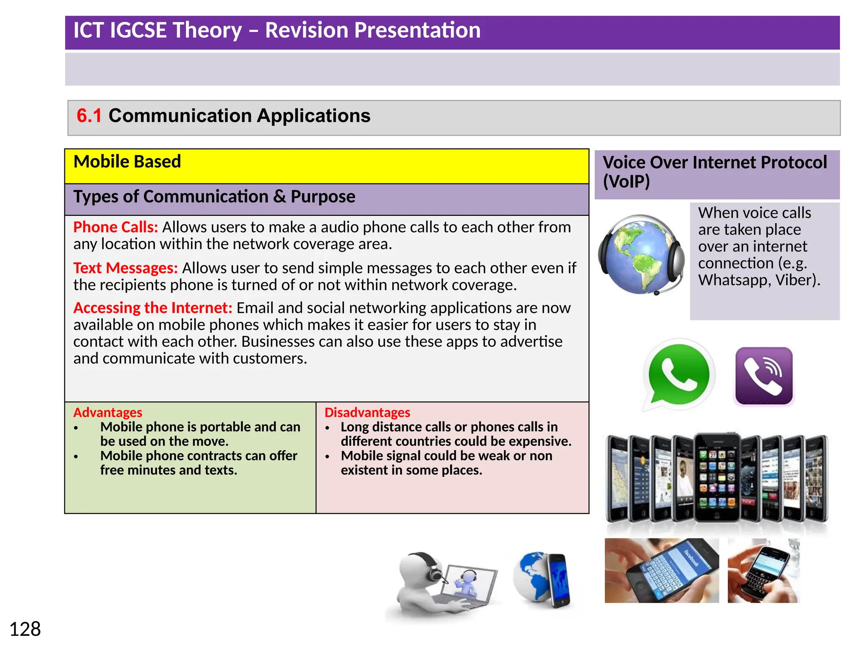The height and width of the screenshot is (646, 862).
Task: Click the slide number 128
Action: [25, 629]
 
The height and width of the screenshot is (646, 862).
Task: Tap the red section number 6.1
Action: [89, 116]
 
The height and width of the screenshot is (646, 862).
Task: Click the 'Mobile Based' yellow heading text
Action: [127, 161]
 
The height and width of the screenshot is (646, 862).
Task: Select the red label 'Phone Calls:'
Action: [115, 227]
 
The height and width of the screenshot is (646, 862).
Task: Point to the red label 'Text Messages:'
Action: [125, 268]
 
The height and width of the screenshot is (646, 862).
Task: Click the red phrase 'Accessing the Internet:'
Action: [152, 308]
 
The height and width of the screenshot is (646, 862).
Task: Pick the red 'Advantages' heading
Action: [108, 412]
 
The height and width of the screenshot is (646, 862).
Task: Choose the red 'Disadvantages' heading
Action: [367, 412]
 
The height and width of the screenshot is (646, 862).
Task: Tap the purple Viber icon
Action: [764, 376]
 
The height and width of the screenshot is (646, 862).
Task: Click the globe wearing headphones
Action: [641, 254]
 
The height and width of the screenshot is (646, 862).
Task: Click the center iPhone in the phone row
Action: [717, 477]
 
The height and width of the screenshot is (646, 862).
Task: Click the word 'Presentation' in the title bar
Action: [372, 30]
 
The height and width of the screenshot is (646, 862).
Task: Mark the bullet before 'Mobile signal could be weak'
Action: [327, 457]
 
